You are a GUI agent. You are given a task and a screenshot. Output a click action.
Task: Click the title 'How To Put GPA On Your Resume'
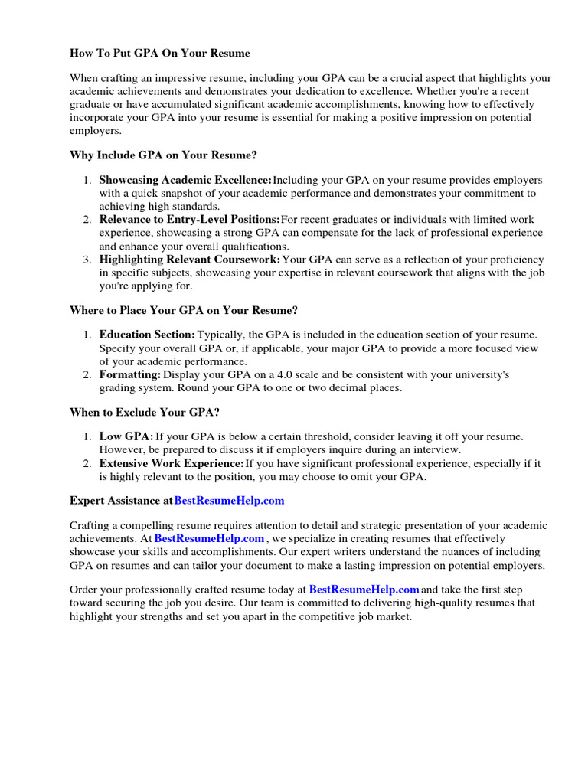coord(160,54)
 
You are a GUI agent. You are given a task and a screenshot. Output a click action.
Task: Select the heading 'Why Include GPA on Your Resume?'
coord(163,155)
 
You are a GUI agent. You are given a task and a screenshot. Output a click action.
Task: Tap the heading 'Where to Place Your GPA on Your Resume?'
coord(183,310)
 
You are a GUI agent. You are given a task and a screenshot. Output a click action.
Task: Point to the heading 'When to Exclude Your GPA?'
coord(145,412)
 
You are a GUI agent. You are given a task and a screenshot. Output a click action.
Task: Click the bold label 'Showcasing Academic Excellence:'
coord(185,181)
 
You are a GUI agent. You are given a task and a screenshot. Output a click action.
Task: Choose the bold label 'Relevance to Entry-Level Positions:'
coord(190,220)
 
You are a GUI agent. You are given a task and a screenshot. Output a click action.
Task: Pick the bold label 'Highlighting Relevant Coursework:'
coord(190,260)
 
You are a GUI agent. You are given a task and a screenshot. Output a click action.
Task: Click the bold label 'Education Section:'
coord(147,335)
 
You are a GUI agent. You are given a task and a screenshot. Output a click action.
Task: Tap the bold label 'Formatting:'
coord(129,374)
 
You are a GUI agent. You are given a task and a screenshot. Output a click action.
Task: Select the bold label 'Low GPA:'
coord(126,436)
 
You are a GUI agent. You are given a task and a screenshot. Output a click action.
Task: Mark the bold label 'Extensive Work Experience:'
coord(171,463)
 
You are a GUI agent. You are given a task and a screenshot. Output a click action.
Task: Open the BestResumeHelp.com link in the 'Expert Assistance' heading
coord(229,501)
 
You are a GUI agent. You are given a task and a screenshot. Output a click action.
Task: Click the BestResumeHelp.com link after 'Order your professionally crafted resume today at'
coord(364,590)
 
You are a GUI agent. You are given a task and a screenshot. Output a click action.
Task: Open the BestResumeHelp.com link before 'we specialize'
coord(209,539)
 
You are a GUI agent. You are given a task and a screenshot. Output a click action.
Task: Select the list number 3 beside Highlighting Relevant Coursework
coord(87,260)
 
